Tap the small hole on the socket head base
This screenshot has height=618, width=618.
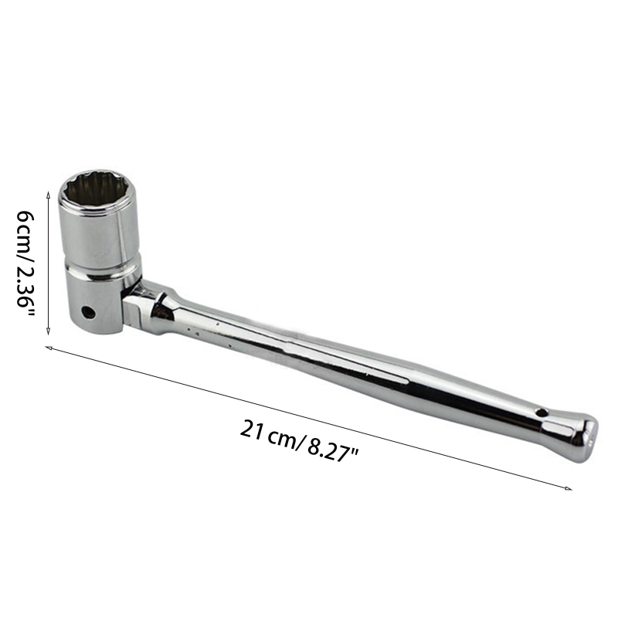[88, 313]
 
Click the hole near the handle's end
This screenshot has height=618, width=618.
[542, 413]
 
